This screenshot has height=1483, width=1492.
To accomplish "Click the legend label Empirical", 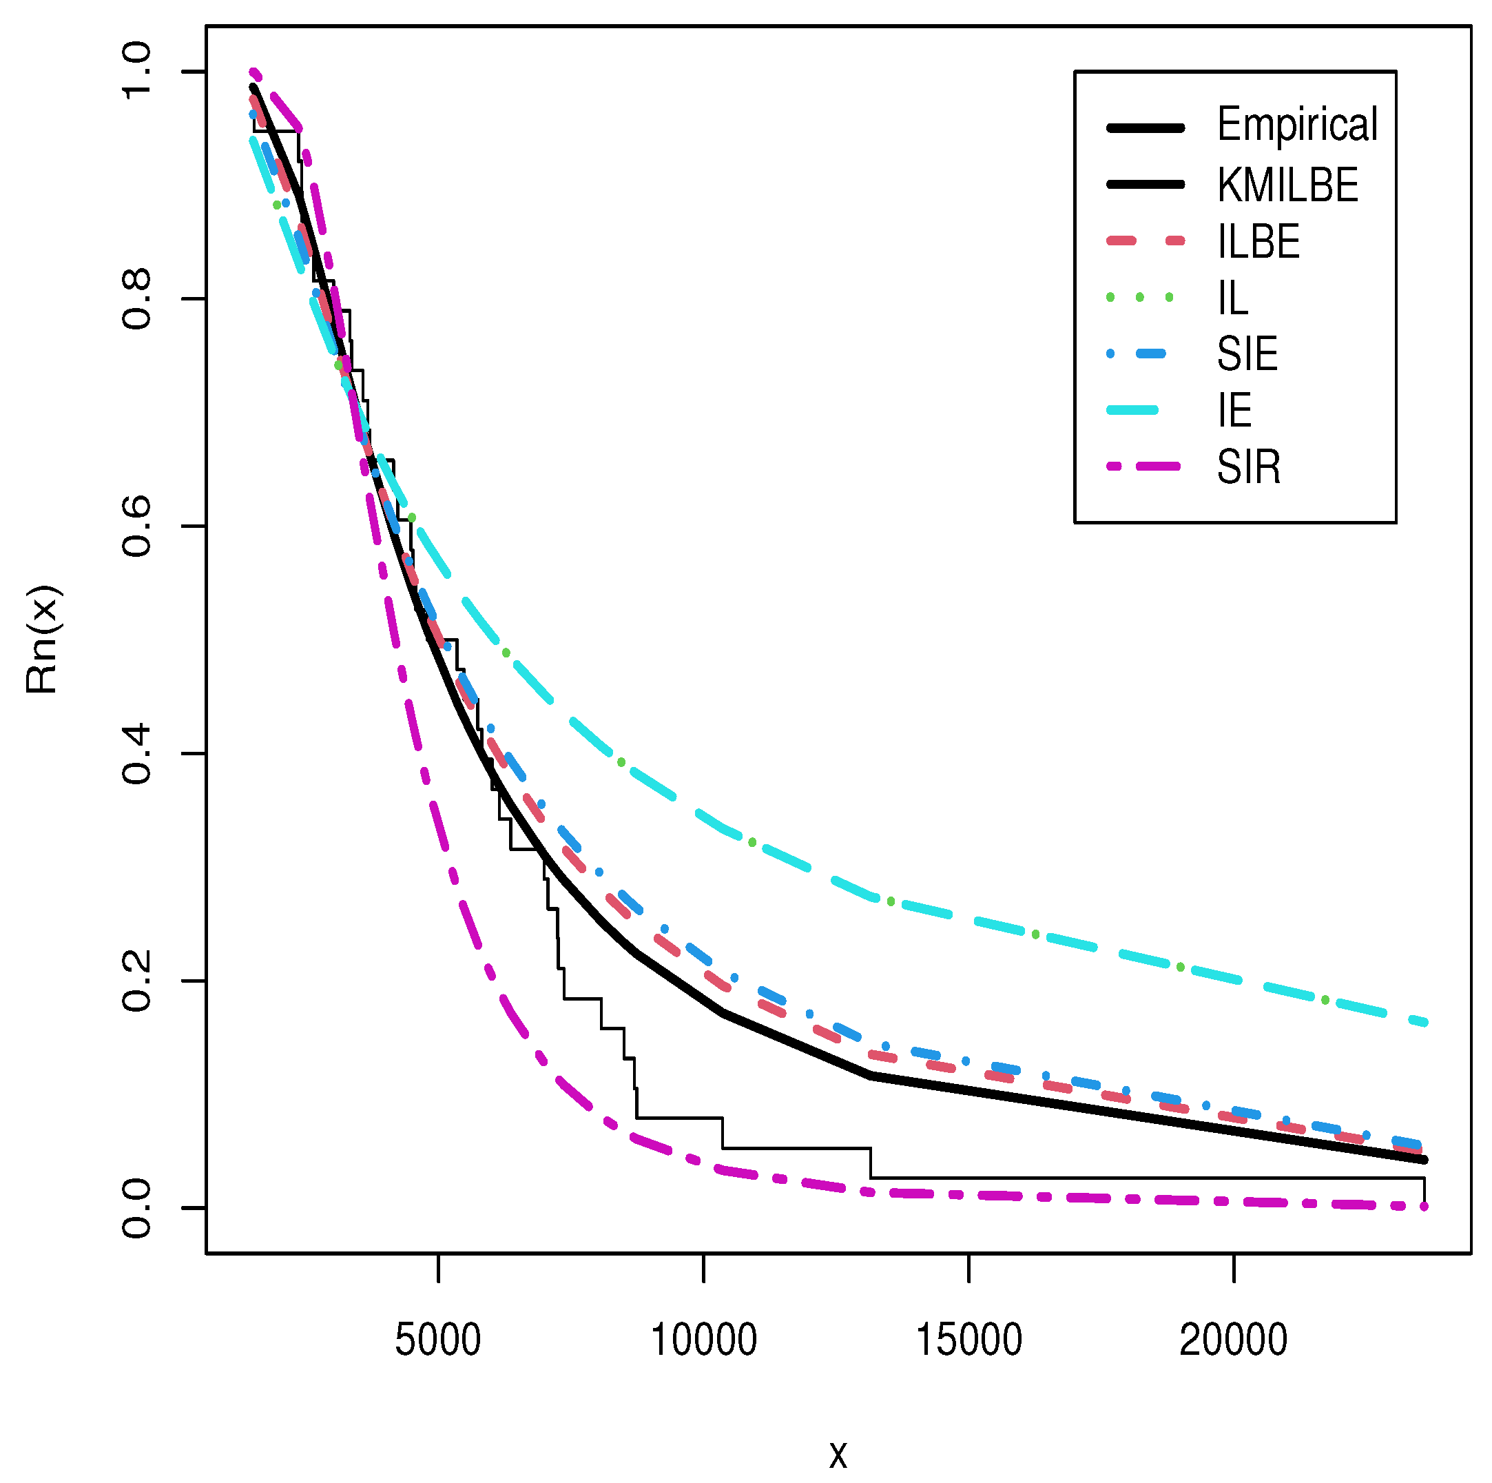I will pos(1296,125).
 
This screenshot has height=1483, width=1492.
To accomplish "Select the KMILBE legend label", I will pos(1287,185).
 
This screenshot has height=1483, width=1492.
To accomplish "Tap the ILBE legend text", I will pos(1258,242).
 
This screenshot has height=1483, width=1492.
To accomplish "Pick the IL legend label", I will pos(1232,298).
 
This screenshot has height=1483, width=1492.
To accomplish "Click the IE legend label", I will pos(1234,411).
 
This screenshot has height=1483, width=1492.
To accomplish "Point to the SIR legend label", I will pos(1248,467).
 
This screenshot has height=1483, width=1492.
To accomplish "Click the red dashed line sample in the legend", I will pos(1146,242).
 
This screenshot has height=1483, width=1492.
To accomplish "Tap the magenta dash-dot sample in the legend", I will pos(1146,467).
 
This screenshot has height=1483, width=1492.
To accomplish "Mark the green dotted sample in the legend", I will pos(1140,298).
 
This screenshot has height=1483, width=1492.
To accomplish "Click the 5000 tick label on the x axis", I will pos(438,1341).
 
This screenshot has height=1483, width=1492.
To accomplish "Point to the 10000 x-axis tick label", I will pos(703,1341).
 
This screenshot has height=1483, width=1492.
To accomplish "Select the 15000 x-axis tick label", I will pos(968,1341).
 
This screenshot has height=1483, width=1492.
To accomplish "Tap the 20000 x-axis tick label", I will pos(1233,1341).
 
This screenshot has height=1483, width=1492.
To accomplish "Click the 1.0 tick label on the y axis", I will pos(138,72).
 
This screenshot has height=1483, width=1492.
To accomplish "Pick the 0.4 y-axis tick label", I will pos(138,754).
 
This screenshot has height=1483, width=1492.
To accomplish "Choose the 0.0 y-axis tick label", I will pos(138,1208).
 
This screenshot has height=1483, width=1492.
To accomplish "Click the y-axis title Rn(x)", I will pos(43,640).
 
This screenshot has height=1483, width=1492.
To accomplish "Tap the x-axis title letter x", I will pos(838,1456).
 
